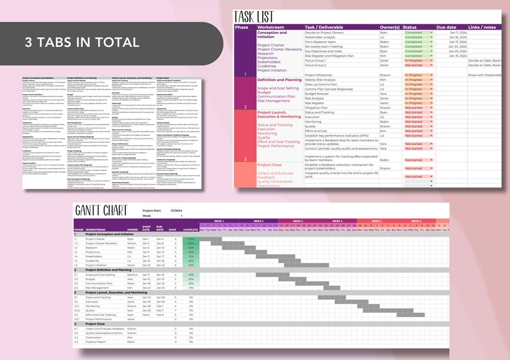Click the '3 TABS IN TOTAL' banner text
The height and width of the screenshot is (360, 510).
pyautogui.click(x=82, y=42)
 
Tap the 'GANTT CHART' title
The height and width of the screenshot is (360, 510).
pyautogui.click(x=101, y=212)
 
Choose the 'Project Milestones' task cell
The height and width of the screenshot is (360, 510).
pyautogui.click(x=323, y=75)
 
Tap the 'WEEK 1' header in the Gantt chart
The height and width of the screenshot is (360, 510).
pyautogui.click(x=218, y=220)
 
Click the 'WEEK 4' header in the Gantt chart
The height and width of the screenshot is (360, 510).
pyautogui.click(x=337, y=220)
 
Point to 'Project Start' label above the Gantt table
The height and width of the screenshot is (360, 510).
pyautogui.click(x=152, y=210)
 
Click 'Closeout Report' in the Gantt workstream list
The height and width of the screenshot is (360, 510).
pyautogui.click(x=99, y=342)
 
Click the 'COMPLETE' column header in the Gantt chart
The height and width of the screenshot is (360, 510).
pyautogui.click(x=191, y=229)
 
